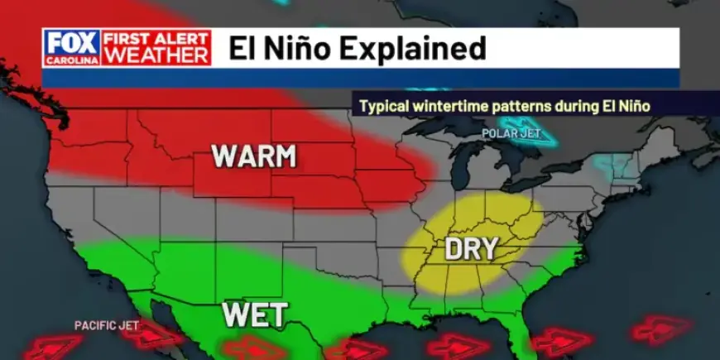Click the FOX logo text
tap(73, 41)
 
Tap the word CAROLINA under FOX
tap(73, 59)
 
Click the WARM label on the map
tap(254, 156)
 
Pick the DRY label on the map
tap(471, 248)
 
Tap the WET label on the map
tap(255, 314)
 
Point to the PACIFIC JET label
tap(107, 325)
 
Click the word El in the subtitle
tap(620, 106)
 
